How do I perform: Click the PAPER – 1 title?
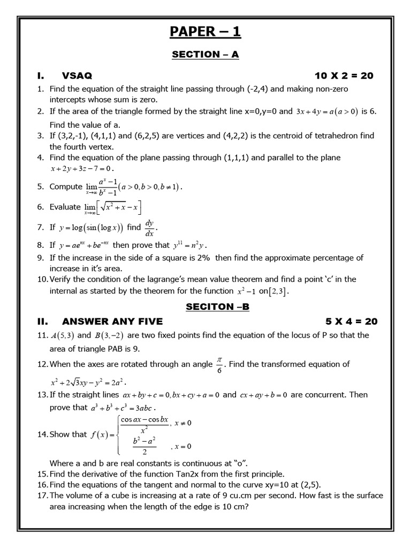(205, 32)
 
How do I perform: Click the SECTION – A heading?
(205, 54)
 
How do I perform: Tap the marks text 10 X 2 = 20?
(345, 76)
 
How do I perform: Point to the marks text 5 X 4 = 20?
(351, 322)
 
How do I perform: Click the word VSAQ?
(77, 76)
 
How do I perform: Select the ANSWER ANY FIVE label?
(112, 322)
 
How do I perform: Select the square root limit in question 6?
(113, 208)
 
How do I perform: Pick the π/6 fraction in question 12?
(219, 364)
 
